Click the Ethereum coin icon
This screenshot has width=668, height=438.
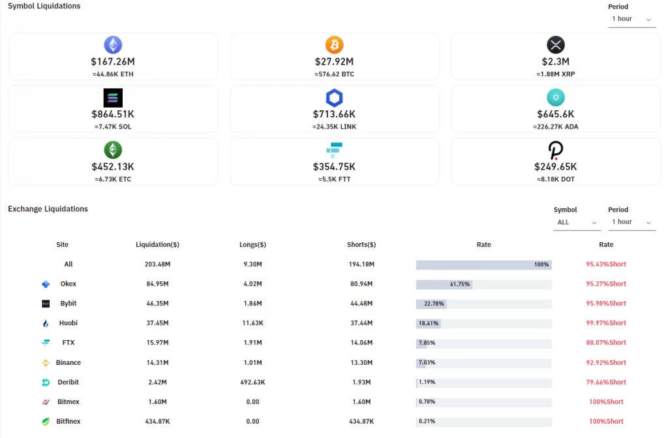click(113, 45)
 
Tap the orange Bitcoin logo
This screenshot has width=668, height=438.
click(334, 45)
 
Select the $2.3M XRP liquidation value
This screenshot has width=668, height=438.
click(555, 62)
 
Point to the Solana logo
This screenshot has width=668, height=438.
click(113, 98)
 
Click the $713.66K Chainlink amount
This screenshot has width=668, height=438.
click(334, 114)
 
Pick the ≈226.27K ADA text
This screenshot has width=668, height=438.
click(555, 127)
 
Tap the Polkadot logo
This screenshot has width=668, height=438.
click(555, 150)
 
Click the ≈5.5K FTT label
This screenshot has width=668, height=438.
click(334, 179)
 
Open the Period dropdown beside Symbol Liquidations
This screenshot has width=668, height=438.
click(631, 19)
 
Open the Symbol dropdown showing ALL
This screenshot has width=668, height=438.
click(577, 223)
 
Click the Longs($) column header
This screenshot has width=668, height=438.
click(252, 245)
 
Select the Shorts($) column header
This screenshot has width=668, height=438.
click(361, 245)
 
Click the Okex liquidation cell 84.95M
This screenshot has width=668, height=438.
click(157, 284)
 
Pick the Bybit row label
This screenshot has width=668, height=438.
click(68, 304)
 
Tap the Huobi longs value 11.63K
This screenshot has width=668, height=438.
click(252, 323)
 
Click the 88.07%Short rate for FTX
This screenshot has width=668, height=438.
click(606, 343)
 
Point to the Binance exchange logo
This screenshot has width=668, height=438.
click(46, 363)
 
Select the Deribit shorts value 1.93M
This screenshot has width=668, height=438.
click(361, 383)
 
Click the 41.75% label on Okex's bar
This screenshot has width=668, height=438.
click(460, 285)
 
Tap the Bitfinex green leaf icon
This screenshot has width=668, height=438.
click(46, 422)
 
